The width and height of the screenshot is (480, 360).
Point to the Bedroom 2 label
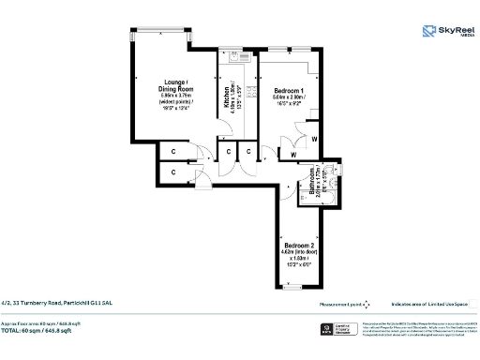click(298, 247)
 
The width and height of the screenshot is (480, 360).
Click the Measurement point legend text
click(339, 304)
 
